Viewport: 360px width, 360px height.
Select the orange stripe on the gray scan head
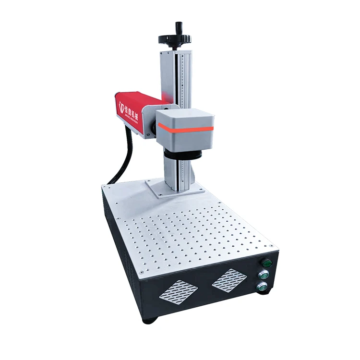click(x=185, y=127)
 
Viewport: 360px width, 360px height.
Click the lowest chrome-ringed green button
click(x=262, y=288)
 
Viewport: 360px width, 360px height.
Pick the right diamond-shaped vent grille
click(x=229, y=279)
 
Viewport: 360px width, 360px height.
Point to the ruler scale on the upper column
click(x=182, y=77)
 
